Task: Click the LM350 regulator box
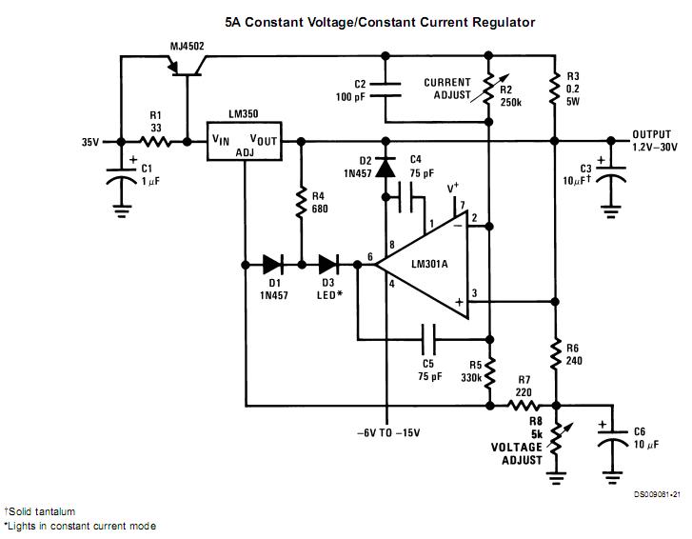(x=245, y=141)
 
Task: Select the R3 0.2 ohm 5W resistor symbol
(x=554, y=90)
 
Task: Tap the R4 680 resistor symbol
(x=301, y=202)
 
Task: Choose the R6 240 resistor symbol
(x=554, y=354)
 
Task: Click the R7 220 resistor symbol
(x=521, y=406)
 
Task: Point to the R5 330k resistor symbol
(x=488, y=373)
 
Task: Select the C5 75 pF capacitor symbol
(x=427, y=337)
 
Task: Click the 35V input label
(x=90, y=142)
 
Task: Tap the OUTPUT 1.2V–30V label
(x=657, y=141)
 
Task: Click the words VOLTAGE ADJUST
(x=517, y=453)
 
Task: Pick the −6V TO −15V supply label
(x=387, y=433)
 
